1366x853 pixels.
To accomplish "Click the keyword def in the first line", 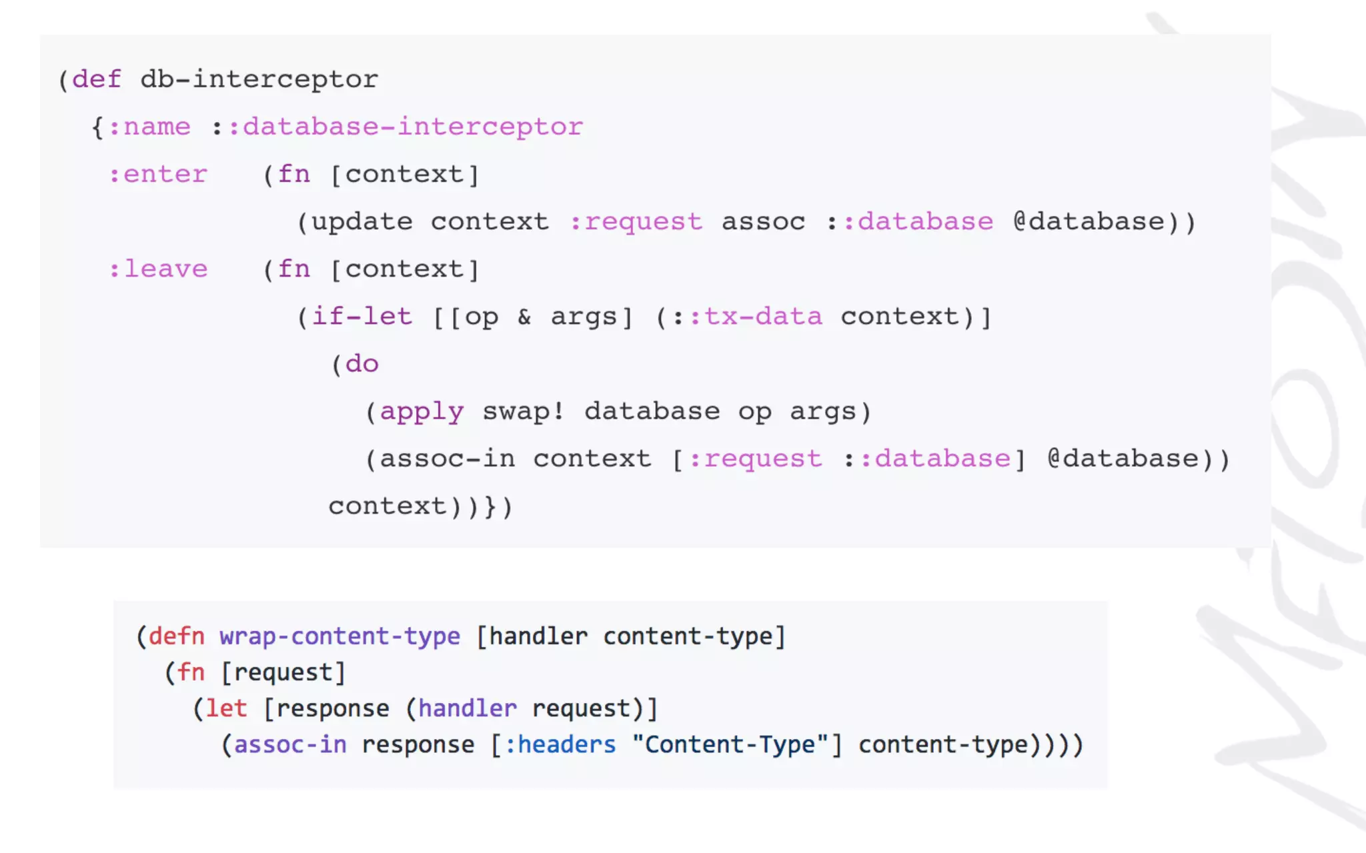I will pyautogui.click(x=97, y=79).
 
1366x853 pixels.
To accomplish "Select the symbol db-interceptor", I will pyautogui.click(x=259, y=79).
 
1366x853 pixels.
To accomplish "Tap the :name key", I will pyautogui.click(x=149, y=127).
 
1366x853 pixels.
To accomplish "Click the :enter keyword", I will pyautogui.click(x=158, y=174).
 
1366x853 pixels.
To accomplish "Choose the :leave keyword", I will pyautogui.click(x=158, y=269).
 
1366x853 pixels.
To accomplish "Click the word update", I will pyautogui.click(x=362, y=222).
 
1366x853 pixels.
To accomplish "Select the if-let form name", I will pyautogui.click(x=362, y=317).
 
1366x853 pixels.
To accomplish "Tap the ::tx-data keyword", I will pyautogui.click(x=756, y=317).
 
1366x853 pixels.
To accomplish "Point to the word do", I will pyautogui.click(x=362, y=364).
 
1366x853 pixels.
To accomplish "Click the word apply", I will pyautogui.click(x=422, y=412).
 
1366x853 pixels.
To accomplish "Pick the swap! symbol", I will pyautogui.click(x=524, y=411).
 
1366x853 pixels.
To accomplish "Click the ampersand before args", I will pyautogui.click(x=524, y=317).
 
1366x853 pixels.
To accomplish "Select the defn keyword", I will pyautogui.click(x=176, y=636).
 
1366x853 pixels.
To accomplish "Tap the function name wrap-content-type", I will pyautogui.click(x=339, y=636).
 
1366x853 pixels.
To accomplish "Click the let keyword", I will pyautogui.click(x=226, y=708).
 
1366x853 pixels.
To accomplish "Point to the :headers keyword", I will pyautogui.click(x=560, y=744).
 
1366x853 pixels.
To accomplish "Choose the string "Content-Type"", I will pyautogui.click(x=730, y=744).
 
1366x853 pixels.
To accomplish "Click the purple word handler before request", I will pyautogui.click(x=468, y=708).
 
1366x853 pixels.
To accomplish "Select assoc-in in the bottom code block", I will pyautogui.click(x=290, y=744).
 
